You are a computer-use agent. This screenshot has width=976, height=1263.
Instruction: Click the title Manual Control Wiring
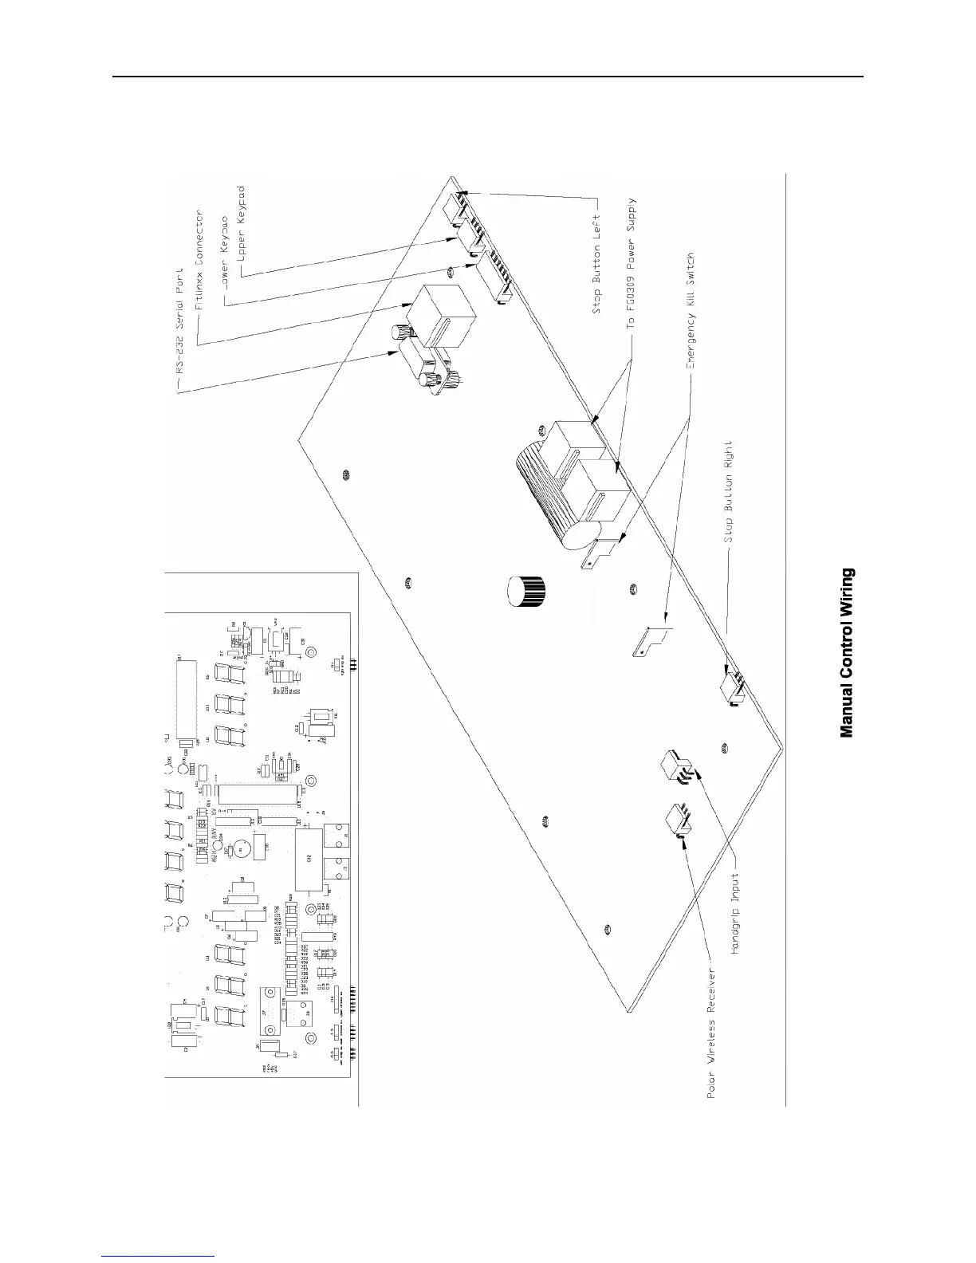click(x=848, y=652)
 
